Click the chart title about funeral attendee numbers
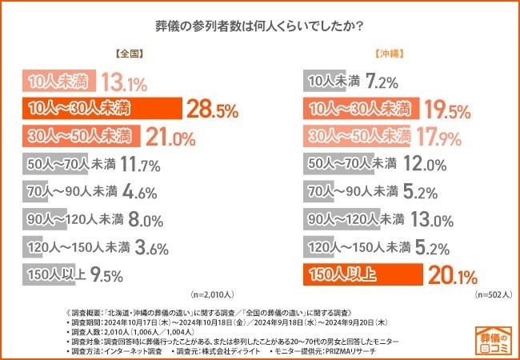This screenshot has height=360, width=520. click(259, 25)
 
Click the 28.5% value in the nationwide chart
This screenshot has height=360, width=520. click(212, 109)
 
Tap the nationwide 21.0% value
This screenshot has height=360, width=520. click(170, 137)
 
